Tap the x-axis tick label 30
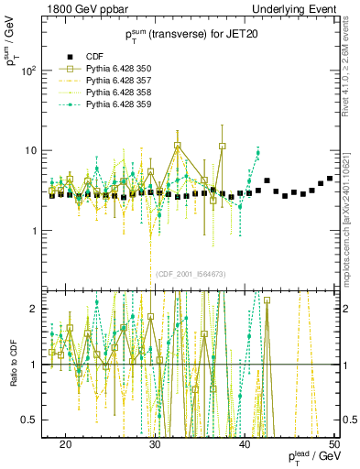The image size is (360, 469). (x=155, y=444)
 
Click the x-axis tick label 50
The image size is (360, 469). (x=334, y=444)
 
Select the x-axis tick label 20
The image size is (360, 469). (x=65, y=444)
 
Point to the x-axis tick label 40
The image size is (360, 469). (x=245, y=444)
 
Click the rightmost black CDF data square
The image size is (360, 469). (x=330, y=179)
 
